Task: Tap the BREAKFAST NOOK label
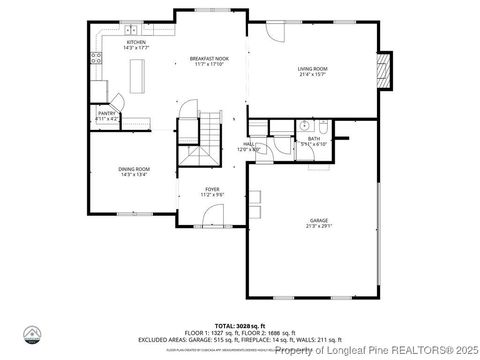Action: tap(211, 60)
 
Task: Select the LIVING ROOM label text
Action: tap(313, 68)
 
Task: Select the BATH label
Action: tap(314, 139)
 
